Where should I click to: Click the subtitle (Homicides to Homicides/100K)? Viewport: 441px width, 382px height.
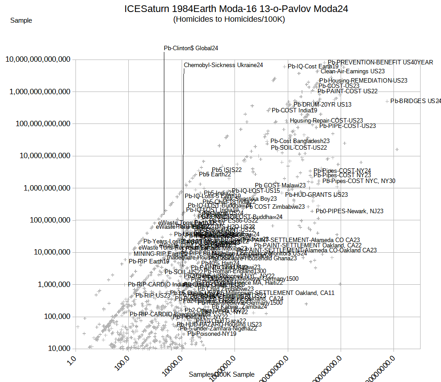[229, 19]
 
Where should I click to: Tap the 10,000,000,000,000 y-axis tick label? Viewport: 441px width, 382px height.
[38, 60]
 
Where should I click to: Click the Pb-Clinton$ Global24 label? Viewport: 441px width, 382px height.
[191, 48]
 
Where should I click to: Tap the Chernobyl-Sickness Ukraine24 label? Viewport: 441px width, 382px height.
[223, 65]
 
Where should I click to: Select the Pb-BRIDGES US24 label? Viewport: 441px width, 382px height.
[416, 101]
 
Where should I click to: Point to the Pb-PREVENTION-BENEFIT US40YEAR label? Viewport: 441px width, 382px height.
[380, 62]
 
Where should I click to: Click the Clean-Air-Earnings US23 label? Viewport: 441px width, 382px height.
[353, 71]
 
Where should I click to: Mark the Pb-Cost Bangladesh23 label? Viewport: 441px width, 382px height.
[300, 141]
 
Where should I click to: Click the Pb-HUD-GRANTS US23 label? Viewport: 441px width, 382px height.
[316, 195]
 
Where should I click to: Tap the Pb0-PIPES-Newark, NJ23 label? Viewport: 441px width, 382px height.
[350, 211]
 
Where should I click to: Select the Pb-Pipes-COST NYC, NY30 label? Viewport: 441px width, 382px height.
[359, 181]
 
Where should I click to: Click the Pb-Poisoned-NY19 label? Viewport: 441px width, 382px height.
[212, 334]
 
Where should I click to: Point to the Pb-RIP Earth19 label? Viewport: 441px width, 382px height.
[149, 261]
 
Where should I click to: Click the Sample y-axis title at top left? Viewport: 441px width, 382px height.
[21, 20]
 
